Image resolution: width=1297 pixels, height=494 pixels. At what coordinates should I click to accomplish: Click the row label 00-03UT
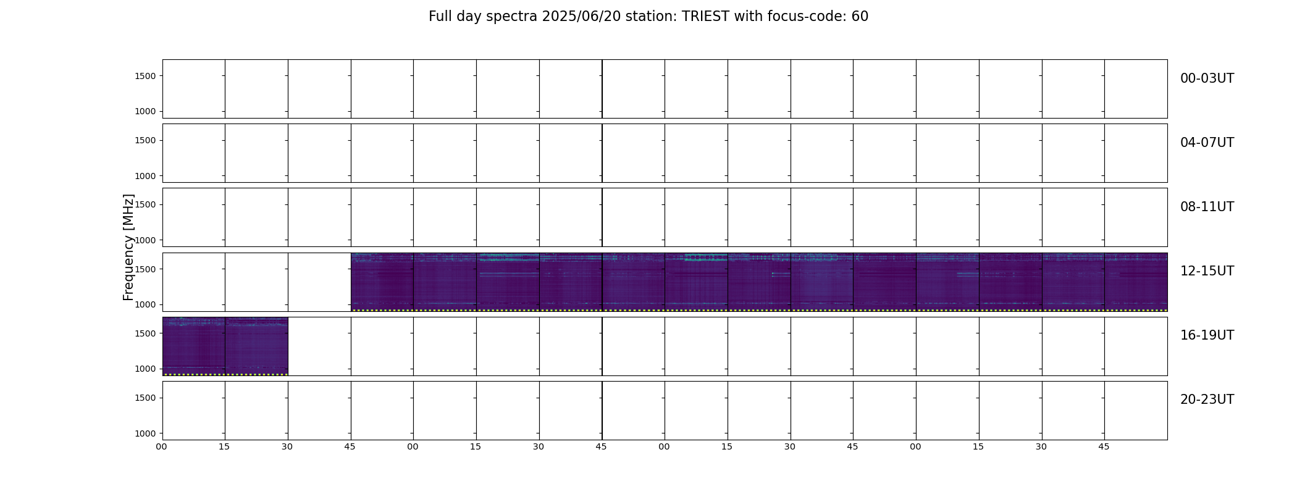pos(1207,78)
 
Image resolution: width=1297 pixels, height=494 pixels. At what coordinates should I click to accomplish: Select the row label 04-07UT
pos(1207,143)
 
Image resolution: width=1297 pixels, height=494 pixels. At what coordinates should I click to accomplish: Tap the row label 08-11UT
pos(1207,207)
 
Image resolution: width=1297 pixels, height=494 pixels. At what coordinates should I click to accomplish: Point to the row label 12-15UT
pos(1207,271)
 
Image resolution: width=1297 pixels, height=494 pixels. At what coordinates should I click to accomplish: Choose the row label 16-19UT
pos(1207,335)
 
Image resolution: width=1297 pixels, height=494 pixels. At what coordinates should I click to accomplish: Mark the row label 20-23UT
pos(1207,400)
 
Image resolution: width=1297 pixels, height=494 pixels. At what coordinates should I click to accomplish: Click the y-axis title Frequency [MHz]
pos(128,247)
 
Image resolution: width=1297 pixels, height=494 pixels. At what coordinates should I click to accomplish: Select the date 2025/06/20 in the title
pos(581,17)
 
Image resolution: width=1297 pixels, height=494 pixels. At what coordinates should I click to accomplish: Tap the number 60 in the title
pos(860,17)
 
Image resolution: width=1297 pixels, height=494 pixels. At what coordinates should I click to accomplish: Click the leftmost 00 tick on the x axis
pos(161,447)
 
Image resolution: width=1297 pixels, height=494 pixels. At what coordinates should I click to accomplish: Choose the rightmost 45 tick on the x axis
pos(1104,447)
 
